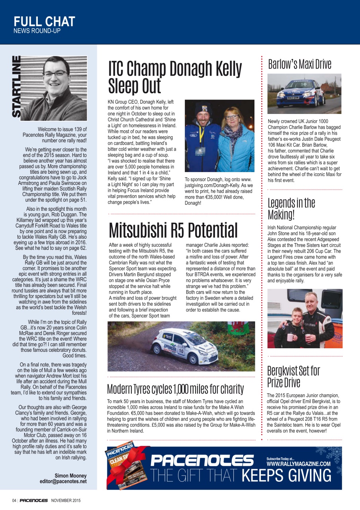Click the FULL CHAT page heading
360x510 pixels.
[44, 22]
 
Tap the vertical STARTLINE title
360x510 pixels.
[17, 87]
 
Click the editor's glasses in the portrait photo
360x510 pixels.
[55, 74]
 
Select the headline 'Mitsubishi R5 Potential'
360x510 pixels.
[173, 230]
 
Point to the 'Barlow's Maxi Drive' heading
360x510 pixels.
[299, 64]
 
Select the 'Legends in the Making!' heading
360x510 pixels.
[291, 209]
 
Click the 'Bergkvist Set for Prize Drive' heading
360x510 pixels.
[293, 377]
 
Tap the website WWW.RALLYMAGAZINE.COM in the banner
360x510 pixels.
[298, 464]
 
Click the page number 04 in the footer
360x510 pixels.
[14, 500]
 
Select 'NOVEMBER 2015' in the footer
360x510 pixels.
[66, 500]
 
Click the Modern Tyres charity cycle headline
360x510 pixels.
[175, 388]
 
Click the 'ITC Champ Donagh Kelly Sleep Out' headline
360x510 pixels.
[175, 77]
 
